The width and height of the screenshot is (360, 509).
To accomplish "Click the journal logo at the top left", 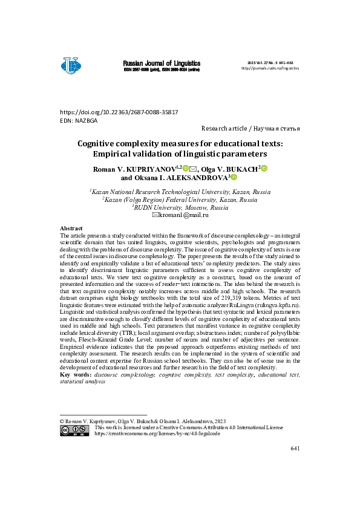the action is (x=71, y=65).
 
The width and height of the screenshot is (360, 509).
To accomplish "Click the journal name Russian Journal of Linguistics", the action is (x=162, y=63).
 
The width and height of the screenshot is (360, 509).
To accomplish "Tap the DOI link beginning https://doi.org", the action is (x=119, y=113).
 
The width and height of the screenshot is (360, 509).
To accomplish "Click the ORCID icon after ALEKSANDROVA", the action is (x=234, y=178).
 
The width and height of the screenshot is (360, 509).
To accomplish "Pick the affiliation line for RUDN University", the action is (x=180, y=206).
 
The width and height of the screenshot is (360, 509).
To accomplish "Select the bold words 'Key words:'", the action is (x=76, y=374).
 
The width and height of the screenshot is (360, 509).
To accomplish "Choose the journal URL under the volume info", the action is (x=270, y=68).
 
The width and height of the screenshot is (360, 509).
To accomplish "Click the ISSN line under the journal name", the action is (x=162, y=70).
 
